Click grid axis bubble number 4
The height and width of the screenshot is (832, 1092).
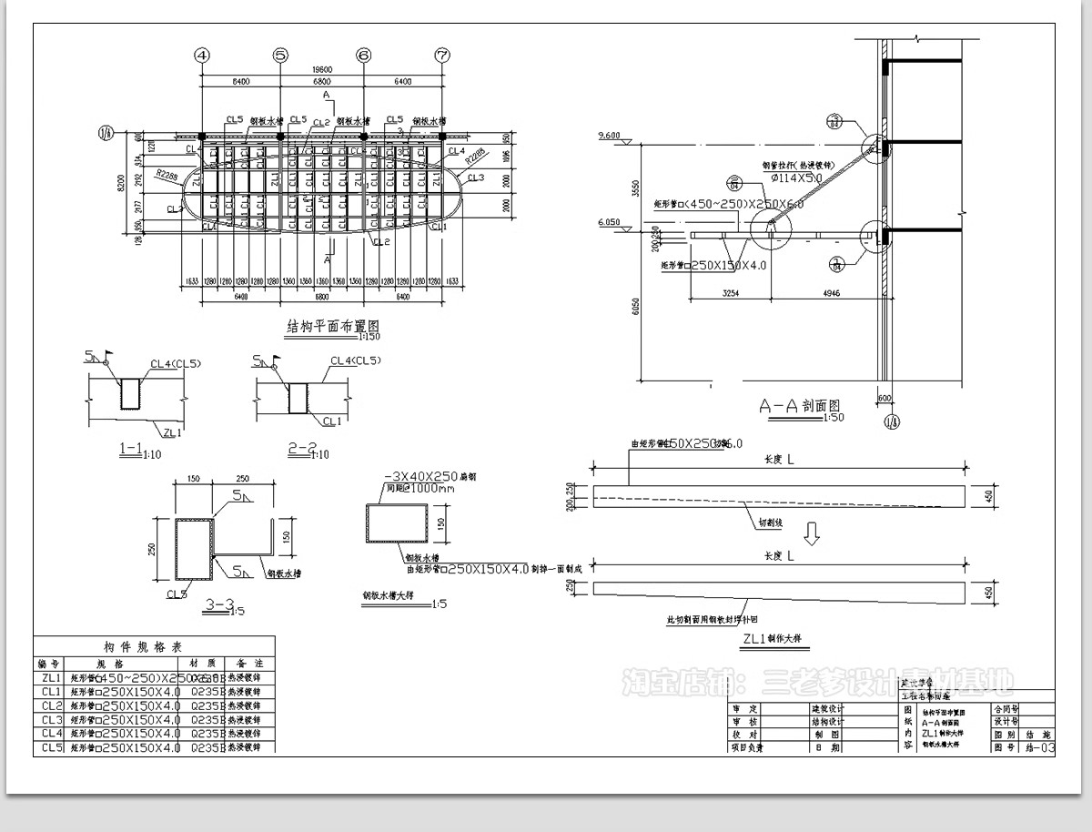tap(202, 55)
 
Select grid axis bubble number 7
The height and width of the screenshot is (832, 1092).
tap(442, 55)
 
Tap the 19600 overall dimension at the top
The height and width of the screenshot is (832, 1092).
tap(321, 69)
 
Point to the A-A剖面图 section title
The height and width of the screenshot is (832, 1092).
tap(799, 406)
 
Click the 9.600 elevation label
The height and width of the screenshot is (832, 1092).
tap(608, 137)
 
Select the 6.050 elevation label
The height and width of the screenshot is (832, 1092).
tap(608, 222)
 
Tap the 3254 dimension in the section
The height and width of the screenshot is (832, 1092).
tap(730, 295)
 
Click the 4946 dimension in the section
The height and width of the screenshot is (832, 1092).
tap(830, 295)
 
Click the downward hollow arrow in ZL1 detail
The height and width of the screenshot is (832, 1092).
tap(814, 532)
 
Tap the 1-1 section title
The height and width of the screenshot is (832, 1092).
tap(129, 449)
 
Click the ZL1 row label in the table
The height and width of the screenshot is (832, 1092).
tap(50, 678)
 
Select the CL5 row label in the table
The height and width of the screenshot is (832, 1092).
tap(50, 747)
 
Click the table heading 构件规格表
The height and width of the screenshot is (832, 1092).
tap(154, 646)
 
